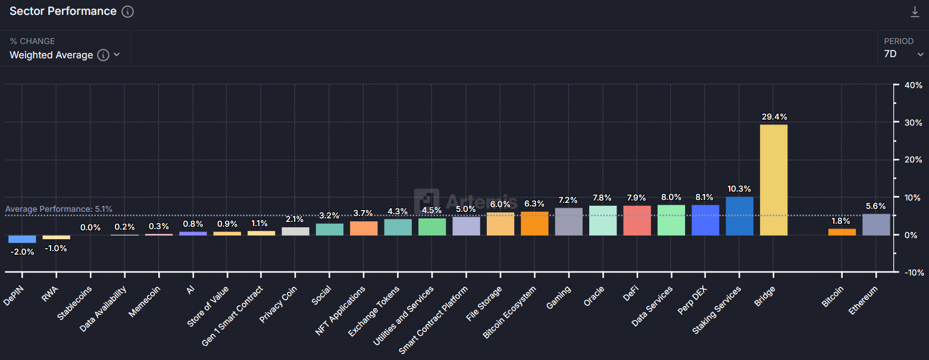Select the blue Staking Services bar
pyautogui.click(x=739, y=216)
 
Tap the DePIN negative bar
pyautogui.click(x=22, y=239)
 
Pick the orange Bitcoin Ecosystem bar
pyautogui.click(x=534, y=223)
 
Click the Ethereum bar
pyautogui.click(x=876, y=224)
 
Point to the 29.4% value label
pyautogui.click(x=773, y=117)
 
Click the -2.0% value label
pyautogui.click(x=22, y=252)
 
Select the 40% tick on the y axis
pyautogui.click(x=913, y=85)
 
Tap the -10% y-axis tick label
pyautogui.click(x=912, y=273)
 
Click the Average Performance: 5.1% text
pyautogui.click(x=58, y=209)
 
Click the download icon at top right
pyautogui.click(x=915, y=11)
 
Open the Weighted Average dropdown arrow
pyautogui.click(x=117, y=55)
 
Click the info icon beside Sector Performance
pyautogui.click(x=127, y=11)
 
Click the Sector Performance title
pyautogui.click(x=62, y=11)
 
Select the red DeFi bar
pyautogui.click(x=637, y=220)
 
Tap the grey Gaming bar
pyautogui.click(x=568, y=221)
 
